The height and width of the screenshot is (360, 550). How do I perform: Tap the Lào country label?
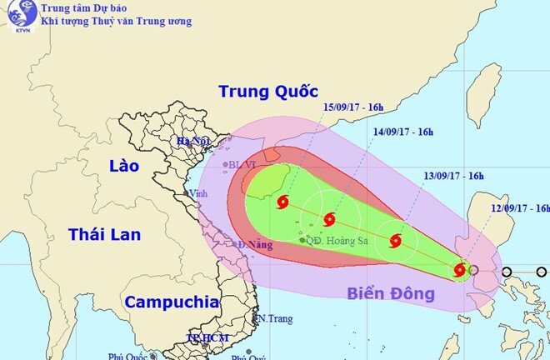[123, 166]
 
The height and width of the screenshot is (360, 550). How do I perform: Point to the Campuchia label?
[172, 302]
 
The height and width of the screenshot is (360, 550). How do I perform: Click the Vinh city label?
[199, 193]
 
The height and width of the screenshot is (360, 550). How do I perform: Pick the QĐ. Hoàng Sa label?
[332, 240]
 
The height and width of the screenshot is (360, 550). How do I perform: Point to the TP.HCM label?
[205, 337]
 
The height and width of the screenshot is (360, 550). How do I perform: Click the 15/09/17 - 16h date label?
[352, 107]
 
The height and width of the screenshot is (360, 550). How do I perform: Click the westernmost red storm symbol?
[282, 202]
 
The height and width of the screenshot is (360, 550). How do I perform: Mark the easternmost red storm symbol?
[459, 269]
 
